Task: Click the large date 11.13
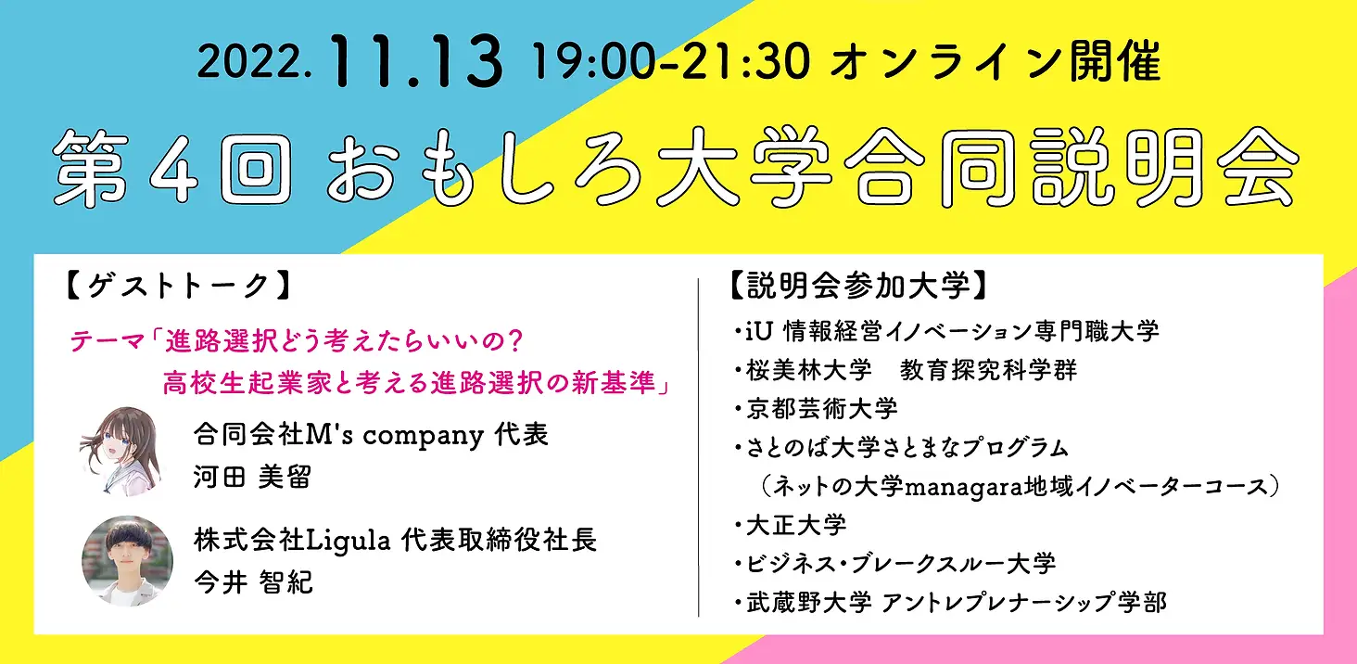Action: tap(417, 61)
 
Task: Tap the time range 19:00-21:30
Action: tap(671, 61)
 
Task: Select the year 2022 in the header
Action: tap(254, 62)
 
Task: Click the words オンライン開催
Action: tap(995, 61)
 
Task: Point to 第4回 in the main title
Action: tap(172, 168)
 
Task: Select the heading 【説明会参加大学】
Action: tap(859, 286)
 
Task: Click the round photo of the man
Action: tap(127, 561)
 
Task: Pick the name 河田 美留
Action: tap(253, 477)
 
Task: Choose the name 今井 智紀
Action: tap(253, 582)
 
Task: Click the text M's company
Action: tap(394, 435)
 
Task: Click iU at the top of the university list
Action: tap(759, 331)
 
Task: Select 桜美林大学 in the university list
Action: tap(809, 370)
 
